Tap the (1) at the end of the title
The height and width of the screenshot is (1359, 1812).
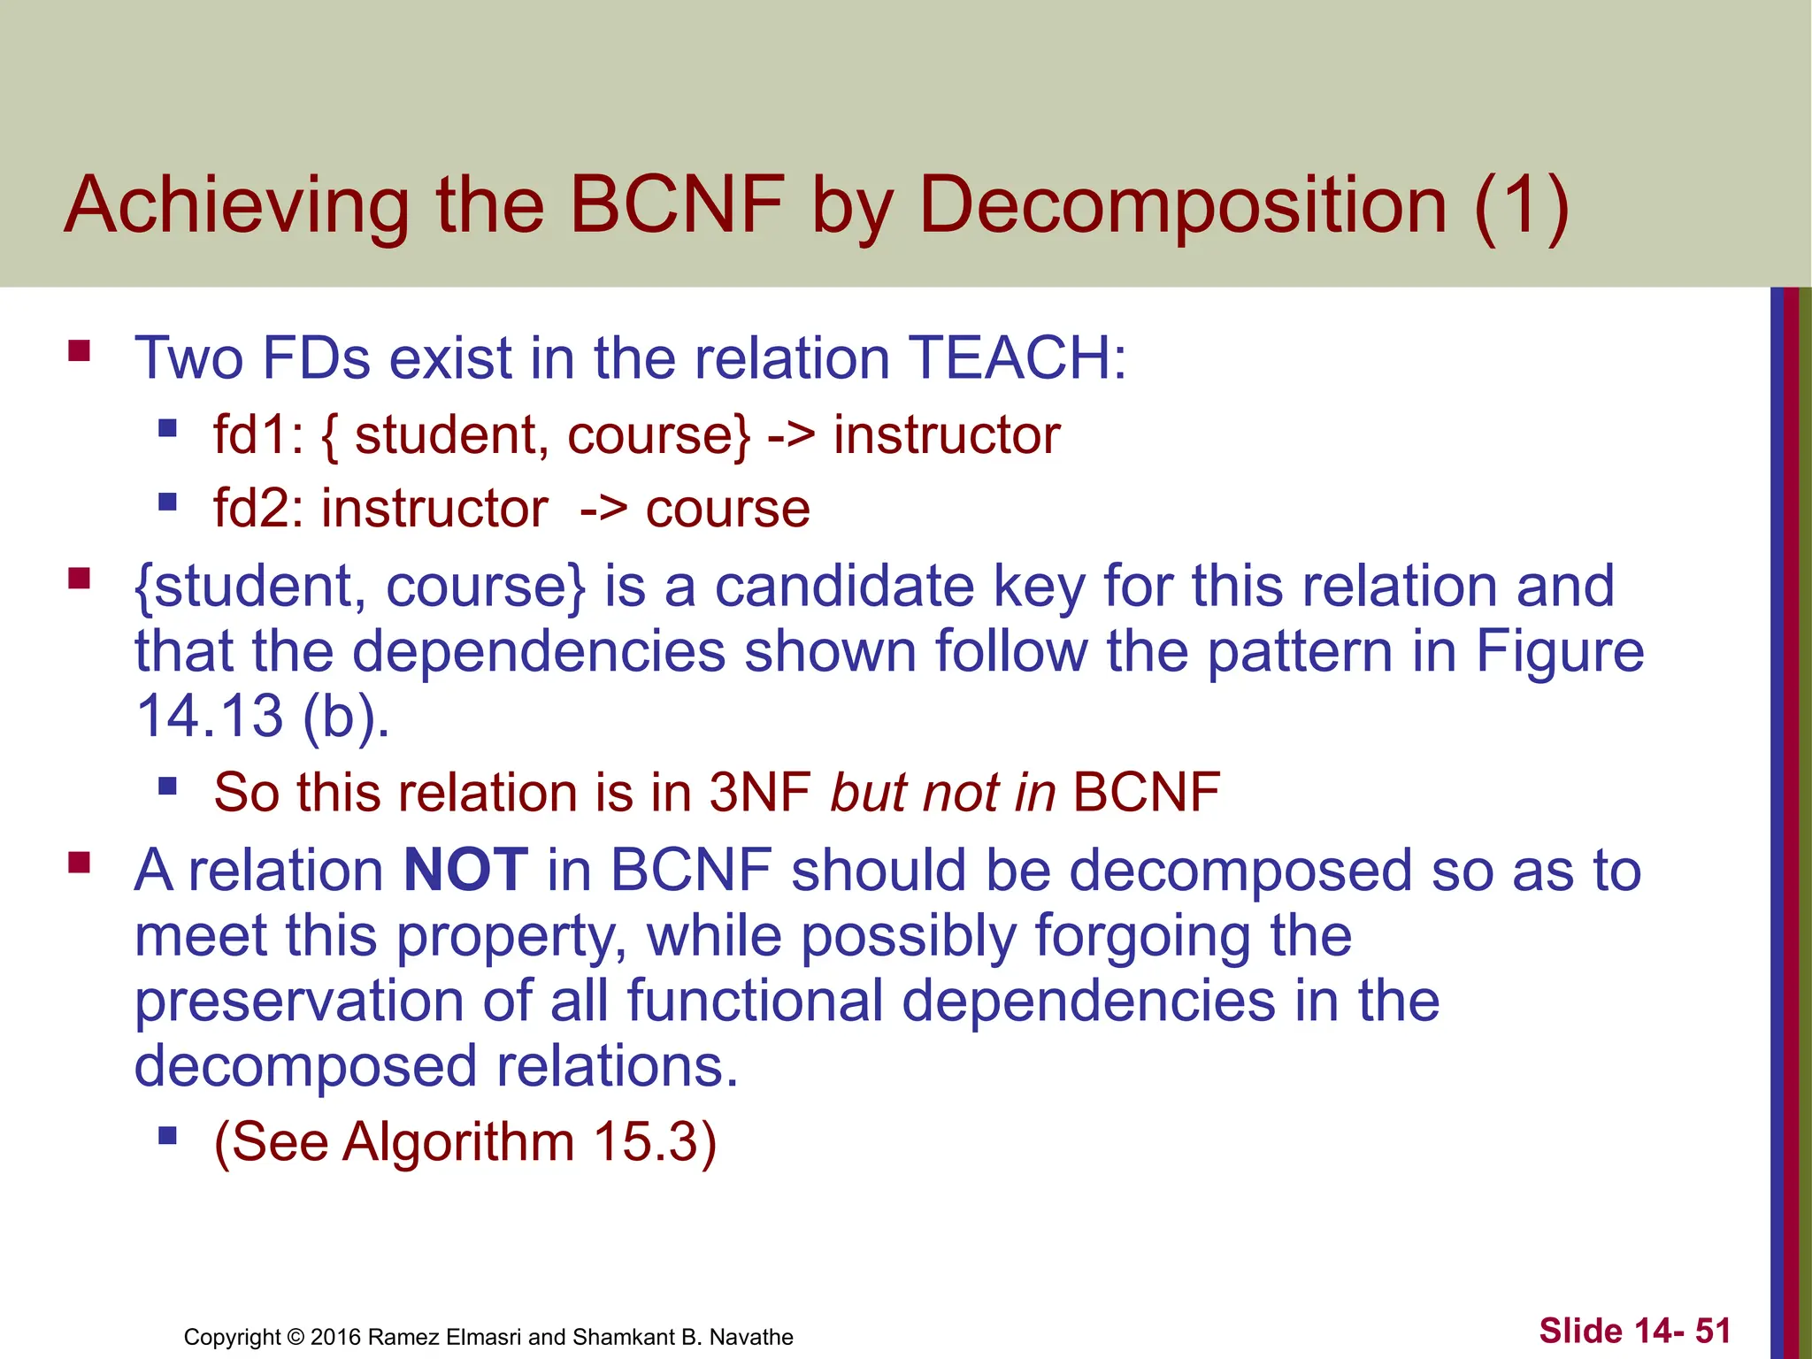1521,206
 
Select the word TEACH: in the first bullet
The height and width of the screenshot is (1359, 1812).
1017,358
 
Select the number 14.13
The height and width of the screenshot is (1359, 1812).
209,715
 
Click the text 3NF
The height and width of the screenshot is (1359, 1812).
760,792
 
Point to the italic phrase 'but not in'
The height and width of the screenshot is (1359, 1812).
943,792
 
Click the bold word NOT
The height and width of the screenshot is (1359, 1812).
465,870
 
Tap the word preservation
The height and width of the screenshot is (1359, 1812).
299,1001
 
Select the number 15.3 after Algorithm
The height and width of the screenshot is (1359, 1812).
646,1141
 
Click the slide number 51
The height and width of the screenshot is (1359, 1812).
1713,1331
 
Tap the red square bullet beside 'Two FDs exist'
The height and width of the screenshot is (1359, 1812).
80,351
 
